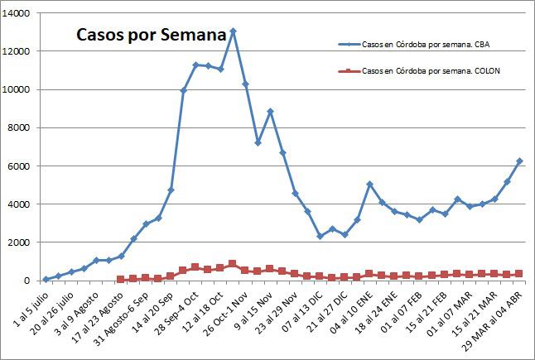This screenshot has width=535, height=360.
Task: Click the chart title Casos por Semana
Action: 151,36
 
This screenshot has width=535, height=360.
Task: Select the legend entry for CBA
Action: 428,44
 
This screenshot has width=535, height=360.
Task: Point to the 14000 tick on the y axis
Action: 17,13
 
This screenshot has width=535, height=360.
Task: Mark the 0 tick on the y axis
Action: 27,281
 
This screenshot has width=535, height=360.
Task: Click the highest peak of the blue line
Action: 233,31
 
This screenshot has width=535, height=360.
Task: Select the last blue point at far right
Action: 519,161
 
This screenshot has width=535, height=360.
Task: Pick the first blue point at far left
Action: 46,279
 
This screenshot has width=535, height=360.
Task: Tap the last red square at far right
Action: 519,273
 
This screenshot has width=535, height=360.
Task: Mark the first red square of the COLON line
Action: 121,279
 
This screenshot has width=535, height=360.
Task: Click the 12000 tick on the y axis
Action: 17,51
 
